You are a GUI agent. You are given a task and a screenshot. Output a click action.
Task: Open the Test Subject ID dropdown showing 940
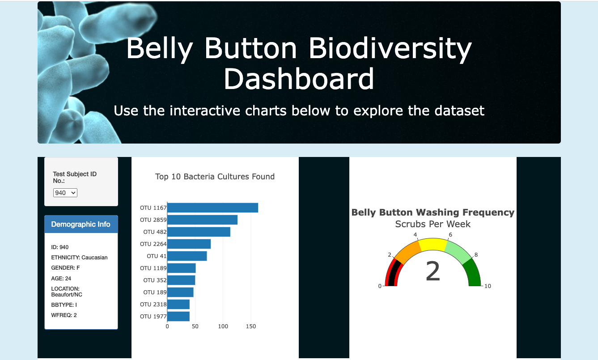pos(65,193)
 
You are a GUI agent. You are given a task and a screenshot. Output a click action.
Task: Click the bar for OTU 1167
pos(213,208)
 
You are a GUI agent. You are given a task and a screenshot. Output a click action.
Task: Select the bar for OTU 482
pos(199,232)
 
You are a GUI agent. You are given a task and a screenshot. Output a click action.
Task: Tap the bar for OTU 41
pos(187,256)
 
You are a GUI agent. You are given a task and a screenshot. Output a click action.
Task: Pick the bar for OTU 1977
pos(178,317)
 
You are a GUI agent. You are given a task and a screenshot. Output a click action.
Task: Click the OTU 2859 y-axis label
pos(153,220)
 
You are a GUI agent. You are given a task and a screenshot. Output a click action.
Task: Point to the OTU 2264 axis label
pos(153,244)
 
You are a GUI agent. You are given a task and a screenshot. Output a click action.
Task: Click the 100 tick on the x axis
pos(223,326)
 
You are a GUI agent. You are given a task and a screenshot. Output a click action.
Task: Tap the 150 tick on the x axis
pos(251,326)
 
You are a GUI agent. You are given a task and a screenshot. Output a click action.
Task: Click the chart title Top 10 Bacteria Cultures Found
pos(215,177)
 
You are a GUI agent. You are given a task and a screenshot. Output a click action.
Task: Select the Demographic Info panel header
pos(81,224)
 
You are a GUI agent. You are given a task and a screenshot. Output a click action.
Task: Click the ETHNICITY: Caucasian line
pos(79,258)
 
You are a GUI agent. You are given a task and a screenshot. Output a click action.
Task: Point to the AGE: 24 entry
pos(61,279)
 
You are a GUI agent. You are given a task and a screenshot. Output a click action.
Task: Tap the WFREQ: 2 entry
pos(64,315)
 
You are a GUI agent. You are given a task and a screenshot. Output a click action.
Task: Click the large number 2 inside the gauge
pos(433,271)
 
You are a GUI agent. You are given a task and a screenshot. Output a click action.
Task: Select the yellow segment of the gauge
pos(433,245)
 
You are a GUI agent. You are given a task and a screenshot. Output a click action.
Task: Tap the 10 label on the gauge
pos(488,286)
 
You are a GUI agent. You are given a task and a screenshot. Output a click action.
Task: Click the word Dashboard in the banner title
pos(299,79)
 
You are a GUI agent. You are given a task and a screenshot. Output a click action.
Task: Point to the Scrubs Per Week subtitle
pos(433,224)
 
